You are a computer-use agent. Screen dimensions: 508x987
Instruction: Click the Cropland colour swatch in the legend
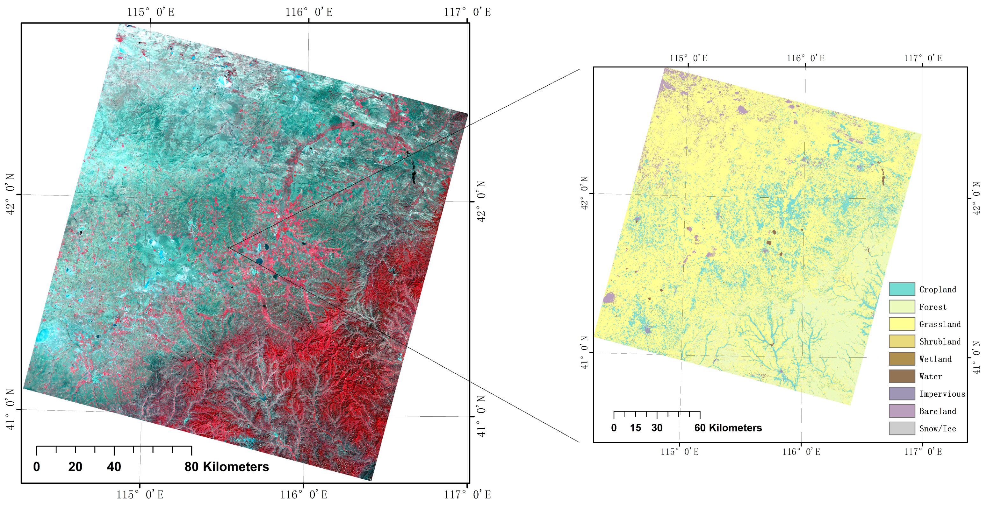(902, 289)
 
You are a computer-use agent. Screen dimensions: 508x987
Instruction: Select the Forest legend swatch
(902, 306)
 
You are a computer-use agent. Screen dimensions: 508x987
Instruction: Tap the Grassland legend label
(940, 324)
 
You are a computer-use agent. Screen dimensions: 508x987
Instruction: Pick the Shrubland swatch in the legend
(902, 341)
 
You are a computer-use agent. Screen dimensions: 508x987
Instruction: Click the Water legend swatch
(902, 376)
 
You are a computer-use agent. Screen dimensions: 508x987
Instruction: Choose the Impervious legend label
(942, 394)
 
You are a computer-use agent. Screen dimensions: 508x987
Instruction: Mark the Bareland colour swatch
(902, 411)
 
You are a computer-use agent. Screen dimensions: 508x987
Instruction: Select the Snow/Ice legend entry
(937, 428)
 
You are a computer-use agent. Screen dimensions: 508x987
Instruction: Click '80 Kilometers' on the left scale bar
(227, 467)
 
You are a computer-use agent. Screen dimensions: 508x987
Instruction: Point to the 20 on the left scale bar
(75, 467)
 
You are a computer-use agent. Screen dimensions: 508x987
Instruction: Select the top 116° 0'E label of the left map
(308, 12)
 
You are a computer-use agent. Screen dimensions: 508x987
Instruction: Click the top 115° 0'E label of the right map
(688, 58)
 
